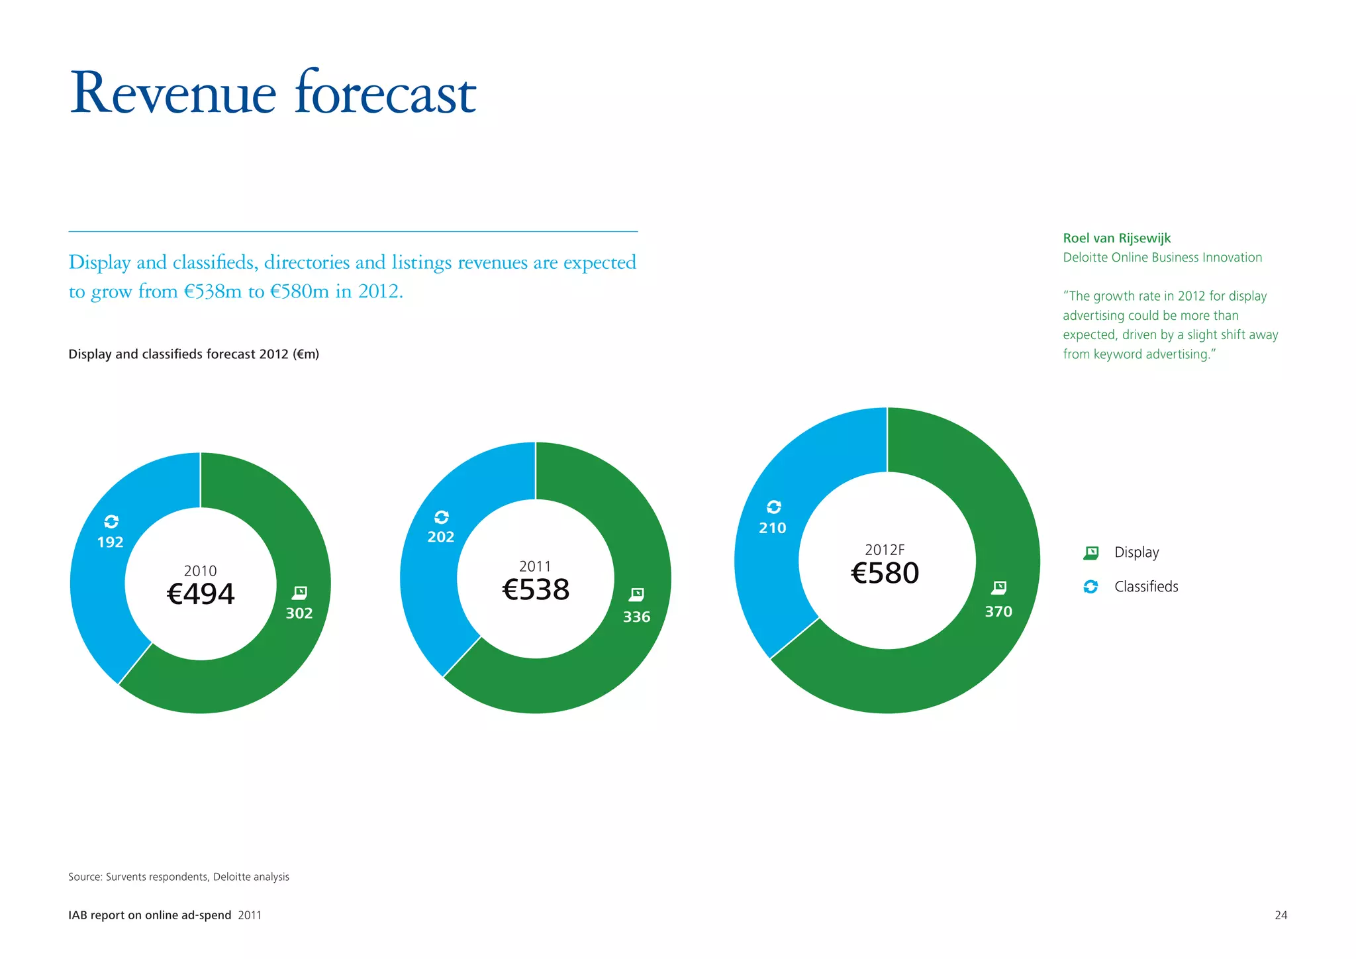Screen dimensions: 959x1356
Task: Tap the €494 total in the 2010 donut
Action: (x=201, y=593)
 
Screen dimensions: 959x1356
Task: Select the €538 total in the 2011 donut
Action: (x=536, y=589)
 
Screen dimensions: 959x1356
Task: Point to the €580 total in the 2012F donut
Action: (x=885, y=573)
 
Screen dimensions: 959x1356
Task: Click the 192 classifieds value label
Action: (x=110, y=542)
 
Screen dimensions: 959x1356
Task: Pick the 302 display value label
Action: (x=299, y=613)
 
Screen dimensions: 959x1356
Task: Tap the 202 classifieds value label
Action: (x=441, y=537)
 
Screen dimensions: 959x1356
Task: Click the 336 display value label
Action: (x=636, y=617)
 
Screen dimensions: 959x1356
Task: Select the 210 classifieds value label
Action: (x=773, y=529)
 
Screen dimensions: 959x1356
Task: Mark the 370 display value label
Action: (x=998, y=612)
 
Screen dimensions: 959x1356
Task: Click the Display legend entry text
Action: (x=1136, y=552)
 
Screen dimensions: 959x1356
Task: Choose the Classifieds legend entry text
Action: (x=1146, y=587)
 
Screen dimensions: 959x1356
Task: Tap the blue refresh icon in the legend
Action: (x=1090, y=587)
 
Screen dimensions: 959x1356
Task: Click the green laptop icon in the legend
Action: (x=1091, y=552)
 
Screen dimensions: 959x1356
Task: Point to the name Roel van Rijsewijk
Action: (x=1117, y=238)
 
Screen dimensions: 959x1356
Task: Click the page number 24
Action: (x=1281, y=915)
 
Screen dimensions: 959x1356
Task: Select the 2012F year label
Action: (x=885, y=550)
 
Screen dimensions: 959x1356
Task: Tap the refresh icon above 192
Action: (x=111, y=522)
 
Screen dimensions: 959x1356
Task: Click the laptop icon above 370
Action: (x=999, y=588)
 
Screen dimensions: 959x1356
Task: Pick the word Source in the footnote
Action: (x=84, y=877)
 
